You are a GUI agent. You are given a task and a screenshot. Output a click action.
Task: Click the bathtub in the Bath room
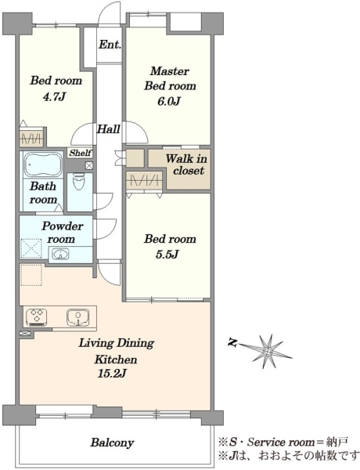tap(42, 164)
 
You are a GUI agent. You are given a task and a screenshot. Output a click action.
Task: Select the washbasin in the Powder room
tap(60, 254)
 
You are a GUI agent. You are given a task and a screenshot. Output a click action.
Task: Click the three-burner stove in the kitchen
tap(37, 317)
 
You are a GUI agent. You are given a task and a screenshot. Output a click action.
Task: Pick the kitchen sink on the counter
tap(78, 317)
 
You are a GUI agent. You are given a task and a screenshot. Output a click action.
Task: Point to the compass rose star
tap(267, 350)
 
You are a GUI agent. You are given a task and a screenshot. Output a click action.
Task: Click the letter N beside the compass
tap(232, 342)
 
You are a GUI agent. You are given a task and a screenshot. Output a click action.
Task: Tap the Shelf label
tap(80, 153)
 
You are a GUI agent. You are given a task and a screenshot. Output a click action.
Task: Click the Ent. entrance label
tap(110, 45)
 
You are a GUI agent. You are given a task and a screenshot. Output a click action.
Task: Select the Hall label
tap(108, 129)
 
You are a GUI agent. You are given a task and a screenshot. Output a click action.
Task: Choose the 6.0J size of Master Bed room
tap(168, 101)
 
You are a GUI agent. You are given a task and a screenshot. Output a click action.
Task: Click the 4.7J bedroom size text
tap(54, 97)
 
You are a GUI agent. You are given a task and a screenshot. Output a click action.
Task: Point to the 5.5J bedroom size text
tap(167, 254)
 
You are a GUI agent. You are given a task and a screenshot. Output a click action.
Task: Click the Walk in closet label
tap(186, 164)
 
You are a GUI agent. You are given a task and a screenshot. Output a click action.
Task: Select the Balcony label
tap(112, 443)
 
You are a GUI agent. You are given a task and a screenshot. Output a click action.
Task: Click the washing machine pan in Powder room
tap(31, 248)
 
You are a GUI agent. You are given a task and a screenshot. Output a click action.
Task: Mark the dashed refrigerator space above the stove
tap(31, 275)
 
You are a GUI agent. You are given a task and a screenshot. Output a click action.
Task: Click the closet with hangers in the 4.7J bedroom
tap(32, 139)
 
